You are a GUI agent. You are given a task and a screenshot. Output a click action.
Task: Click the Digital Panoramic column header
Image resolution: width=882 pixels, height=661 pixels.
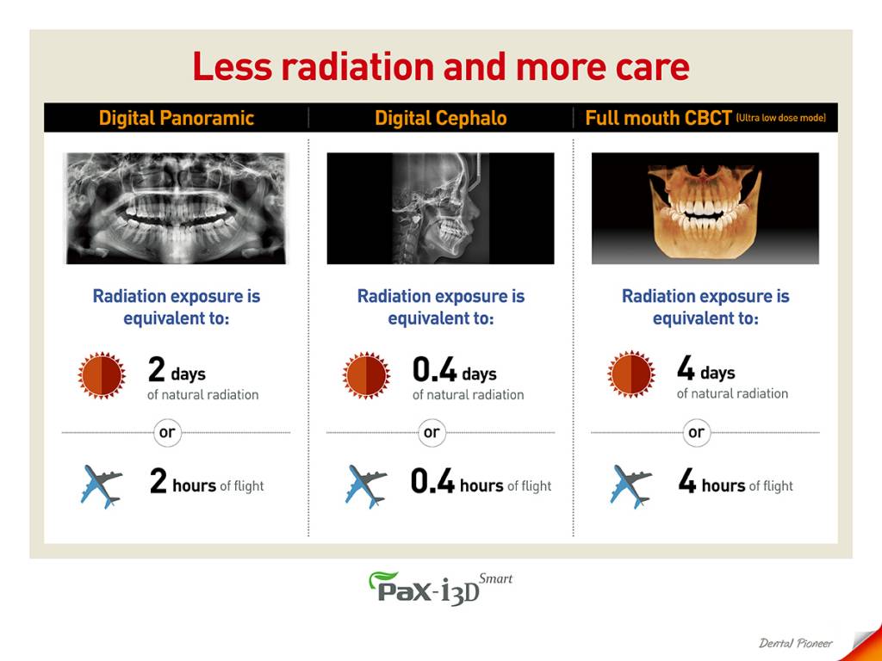176,118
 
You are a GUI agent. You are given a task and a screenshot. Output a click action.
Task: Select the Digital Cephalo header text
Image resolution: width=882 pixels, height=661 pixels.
440,118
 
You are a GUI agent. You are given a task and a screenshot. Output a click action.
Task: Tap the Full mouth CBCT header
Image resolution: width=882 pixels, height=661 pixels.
658,118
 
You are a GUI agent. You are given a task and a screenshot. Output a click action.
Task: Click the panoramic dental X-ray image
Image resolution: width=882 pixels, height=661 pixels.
176,208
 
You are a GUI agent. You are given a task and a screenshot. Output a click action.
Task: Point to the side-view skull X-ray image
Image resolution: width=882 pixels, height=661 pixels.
440,208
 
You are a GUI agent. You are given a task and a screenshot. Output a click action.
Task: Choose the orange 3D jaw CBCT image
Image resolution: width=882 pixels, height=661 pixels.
705,208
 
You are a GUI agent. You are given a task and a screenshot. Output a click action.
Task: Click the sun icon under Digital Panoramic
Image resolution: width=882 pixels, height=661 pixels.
102,375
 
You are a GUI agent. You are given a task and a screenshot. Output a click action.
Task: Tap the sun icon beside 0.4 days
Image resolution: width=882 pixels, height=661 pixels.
366,375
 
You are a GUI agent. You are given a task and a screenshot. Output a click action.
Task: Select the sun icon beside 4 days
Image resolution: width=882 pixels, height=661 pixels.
631,374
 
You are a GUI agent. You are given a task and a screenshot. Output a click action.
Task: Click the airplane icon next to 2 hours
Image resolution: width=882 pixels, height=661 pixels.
102,486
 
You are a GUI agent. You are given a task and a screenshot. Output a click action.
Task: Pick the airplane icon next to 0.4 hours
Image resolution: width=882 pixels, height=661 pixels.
366,486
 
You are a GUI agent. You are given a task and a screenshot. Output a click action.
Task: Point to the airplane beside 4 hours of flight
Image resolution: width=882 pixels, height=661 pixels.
631,486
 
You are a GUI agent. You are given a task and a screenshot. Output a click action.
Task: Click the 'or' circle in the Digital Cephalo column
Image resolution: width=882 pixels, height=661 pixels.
432,433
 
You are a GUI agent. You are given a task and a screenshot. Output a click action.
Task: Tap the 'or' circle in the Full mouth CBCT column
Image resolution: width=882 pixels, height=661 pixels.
696,433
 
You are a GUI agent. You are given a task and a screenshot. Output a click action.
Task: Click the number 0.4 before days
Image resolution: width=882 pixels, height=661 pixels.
434,369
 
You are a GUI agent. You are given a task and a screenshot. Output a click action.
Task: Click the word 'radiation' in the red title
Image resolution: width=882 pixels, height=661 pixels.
358,66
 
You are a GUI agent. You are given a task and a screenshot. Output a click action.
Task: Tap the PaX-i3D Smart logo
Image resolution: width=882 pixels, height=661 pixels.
440,588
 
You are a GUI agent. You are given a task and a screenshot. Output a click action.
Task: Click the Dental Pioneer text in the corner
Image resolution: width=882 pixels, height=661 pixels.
795,643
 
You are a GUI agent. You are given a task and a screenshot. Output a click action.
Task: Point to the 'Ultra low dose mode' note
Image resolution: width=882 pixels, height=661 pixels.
780,118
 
